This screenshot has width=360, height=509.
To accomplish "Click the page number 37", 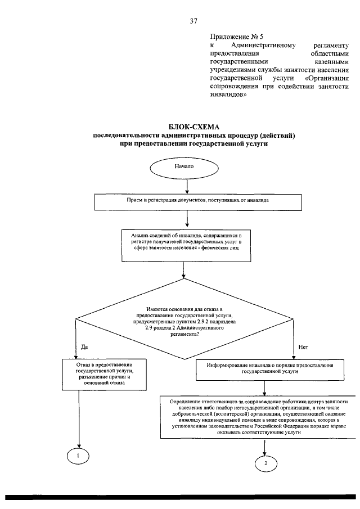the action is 193,21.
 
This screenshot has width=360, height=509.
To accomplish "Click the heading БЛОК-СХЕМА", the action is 194,127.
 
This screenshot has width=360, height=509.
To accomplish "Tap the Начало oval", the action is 184,168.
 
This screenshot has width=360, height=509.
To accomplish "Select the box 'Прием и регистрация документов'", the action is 197,202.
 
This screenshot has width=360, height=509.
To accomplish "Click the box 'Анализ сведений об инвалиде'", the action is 186,245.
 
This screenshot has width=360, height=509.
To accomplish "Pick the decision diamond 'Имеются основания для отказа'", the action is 184,318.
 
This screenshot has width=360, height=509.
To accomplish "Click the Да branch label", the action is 84,347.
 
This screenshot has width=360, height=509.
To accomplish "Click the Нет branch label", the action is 303,347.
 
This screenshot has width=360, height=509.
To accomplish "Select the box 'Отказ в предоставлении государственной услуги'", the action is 104,374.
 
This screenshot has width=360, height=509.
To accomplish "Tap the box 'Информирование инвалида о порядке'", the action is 270,370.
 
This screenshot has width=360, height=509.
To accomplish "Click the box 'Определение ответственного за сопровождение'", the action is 258,417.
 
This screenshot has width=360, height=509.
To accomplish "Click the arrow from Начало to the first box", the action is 187,186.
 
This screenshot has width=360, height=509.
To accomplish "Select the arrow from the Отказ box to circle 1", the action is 79,419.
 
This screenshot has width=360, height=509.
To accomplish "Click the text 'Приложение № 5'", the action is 236,37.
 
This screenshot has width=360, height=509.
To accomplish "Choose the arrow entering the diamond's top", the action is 184,270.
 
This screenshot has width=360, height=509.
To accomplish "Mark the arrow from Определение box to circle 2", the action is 265,447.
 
